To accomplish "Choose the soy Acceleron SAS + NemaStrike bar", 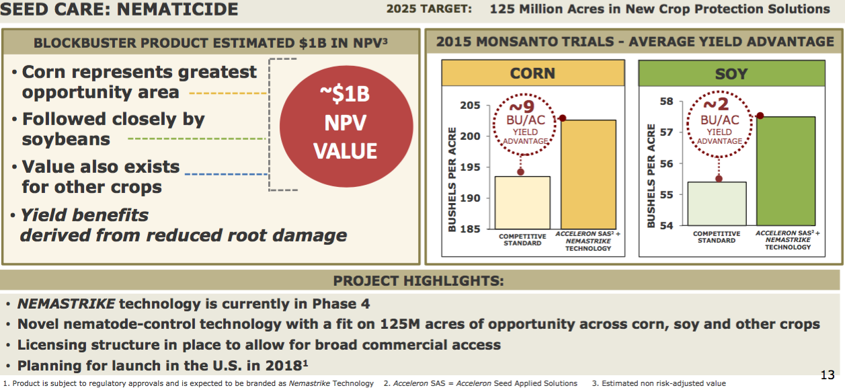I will pos(786,171).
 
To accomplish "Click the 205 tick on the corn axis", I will pos(471,106).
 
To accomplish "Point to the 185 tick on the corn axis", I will pos(471,229).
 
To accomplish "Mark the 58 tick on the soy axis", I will pos(667,102).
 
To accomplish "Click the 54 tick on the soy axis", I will pos(667,225).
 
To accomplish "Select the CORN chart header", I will pos(532,73).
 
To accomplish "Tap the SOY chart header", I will pos(731,73).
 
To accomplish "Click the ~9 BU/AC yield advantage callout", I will pos(521,124).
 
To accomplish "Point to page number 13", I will pos(828,375).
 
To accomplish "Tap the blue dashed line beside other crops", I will pos(226,174).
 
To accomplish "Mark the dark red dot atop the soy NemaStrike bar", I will pos(760,116).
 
